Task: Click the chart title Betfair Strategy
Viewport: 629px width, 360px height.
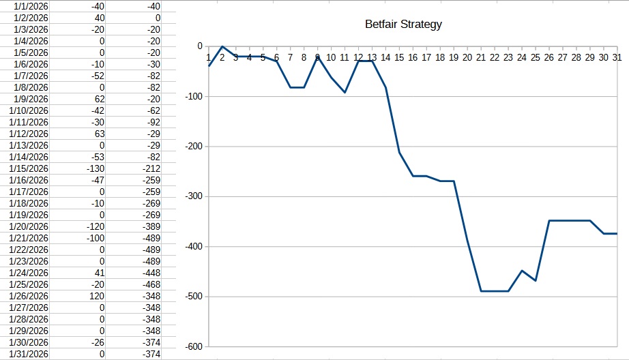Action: (403, 25)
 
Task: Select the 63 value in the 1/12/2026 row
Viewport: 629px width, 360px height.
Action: (100, 134)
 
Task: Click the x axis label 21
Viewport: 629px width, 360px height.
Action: (481, 58)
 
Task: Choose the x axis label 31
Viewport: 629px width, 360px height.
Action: (617, 58)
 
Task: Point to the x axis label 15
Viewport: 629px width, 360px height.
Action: (399, 58)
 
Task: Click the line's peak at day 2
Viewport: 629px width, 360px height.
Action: (222, 46)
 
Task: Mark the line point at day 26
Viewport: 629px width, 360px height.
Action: (549, 220)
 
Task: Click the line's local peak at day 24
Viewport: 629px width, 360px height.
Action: (522, 271)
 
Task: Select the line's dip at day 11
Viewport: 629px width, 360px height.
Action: (345, 92)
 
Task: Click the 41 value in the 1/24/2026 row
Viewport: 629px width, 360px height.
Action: (100, 273)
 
